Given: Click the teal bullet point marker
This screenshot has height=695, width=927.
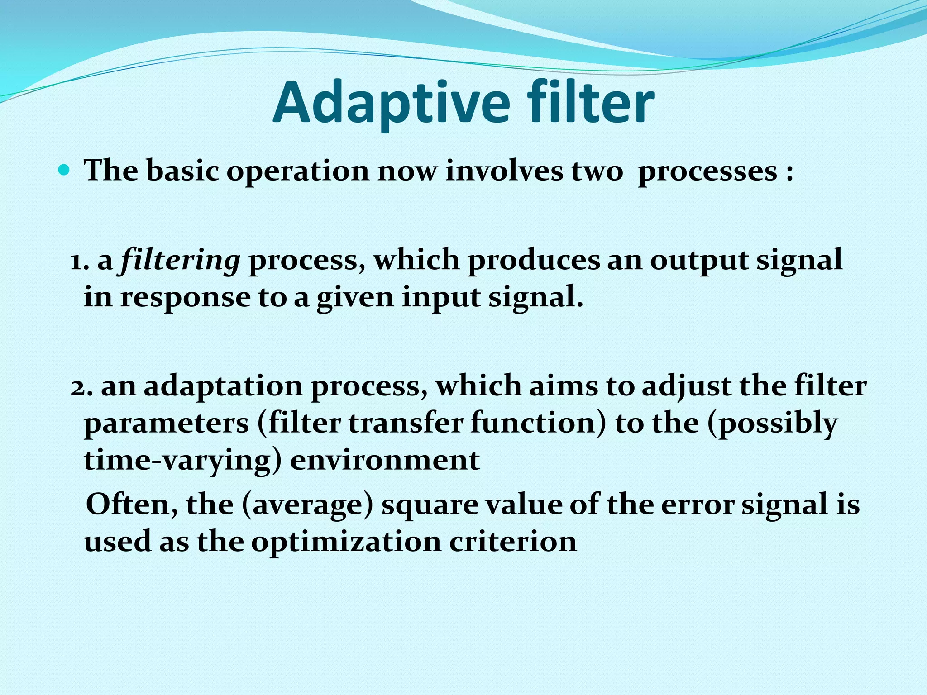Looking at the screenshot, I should pos(64,171).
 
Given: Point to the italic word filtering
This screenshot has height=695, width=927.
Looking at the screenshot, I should pos(180,261).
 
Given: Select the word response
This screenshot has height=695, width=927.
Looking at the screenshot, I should pos(185,299).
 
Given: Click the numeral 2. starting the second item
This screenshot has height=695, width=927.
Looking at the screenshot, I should pos(81,386).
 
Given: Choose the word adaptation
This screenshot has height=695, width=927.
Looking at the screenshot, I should pos(224,386).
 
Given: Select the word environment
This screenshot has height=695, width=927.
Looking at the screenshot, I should pos(385,461).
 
